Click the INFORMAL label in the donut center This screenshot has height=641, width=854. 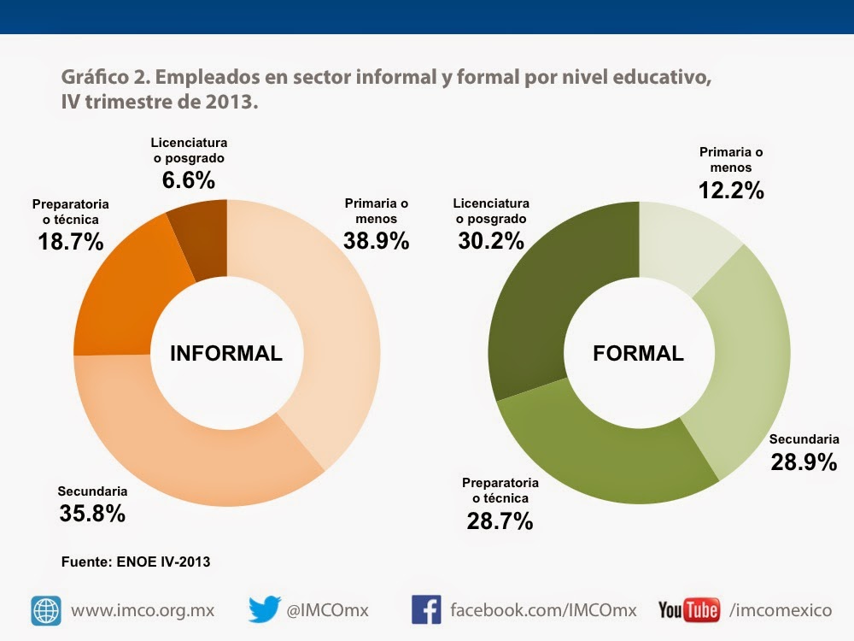[226, 354]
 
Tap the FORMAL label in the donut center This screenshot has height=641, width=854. [638, 353]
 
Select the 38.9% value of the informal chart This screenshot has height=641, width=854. [377, 241]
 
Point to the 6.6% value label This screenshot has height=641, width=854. [189, 180]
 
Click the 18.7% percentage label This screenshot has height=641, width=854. [71, 242]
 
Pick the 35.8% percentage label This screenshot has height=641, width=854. [92, 514]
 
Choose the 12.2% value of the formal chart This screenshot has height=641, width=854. [731, 190]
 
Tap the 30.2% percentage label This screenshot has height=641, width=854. [491, 241]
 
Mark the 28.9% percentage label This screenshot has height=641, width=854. [804, 462]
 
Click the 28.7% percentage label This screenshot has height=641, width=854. [500, 520]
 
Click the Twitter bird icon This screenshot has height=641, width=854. [265, 609]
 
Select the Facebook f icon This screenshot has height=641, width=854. [426, 609]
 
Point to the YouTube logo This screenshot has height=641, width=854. [688, 610]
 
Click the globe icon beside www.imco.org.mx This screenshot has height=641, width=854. [46, 610]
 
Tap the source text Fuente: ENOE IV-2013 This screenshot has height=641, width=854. [136, 562]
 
